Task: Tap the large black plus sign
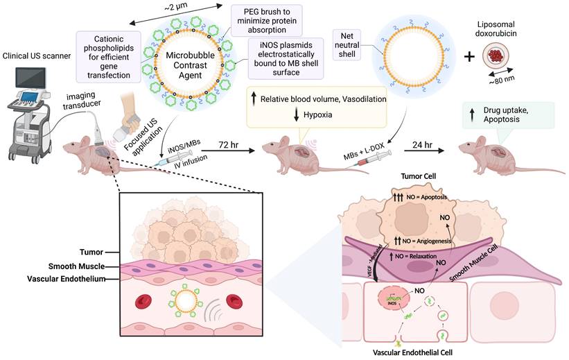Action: [473, 57]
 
